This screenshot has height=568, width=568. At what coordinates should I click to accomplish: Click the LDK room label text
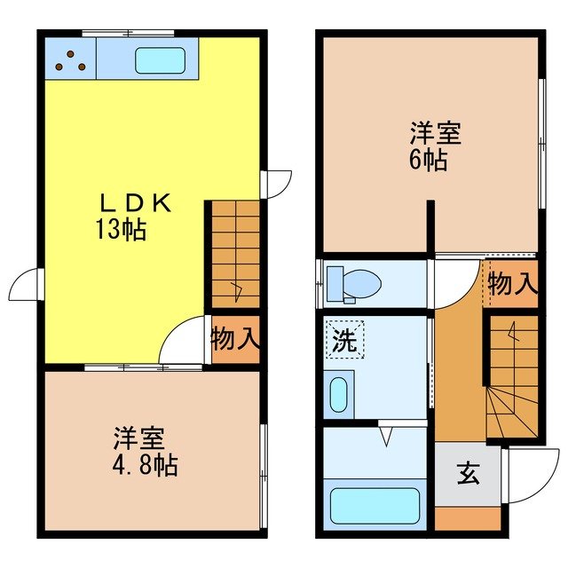coord(133,203)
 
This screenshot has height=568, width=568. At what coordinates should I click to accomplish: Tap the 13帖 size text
coord(122,232)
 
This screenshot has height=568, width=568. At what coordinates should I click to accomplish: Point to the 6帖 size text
coord(428,162)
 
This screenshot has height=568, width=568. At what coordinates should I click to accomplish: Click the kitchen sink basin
coord(160,59)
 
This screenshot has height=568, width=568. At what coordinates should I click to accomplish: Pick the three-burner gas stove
coord(68,60)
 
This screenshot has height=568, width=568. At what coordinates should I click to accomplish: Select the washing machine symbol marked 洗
coord(343,338)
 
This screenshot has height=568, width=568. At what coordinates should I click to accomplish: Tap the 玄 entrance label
coord(468,474)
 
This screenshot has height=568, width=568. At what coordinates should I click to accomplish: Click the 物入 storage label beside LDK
coord(234,339)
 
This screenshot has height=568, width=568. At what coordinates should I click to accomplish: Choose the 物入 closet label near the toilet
coord(512,284)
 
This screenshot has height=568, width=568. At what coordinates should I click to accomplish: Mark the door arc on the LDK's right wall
coord(278,183)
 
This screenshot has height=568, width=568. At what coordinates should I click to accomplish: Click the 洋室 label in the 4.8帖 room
coord(138,438)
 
